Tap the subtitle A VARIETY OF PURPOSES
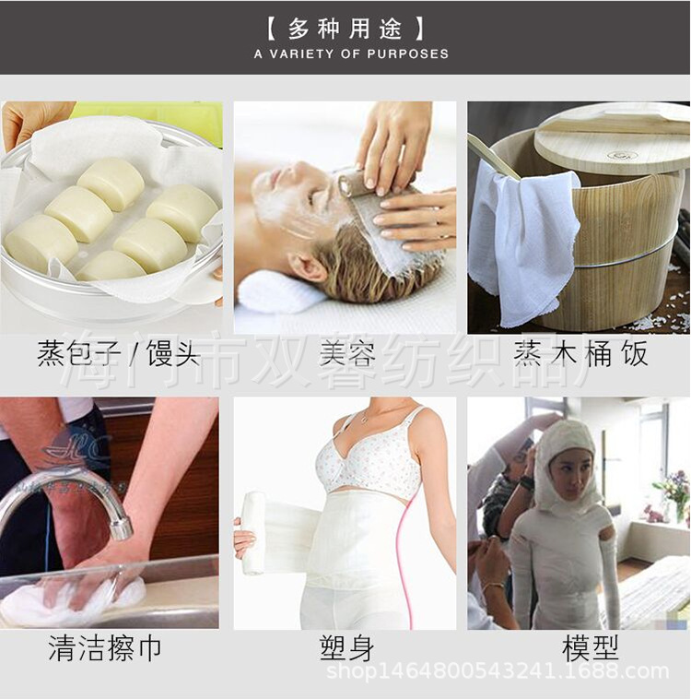[x=351, y=53]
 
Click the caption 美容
[x=347, y=353]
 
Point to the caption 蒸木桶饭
[x=580, y=353]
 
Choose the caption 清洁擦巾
[x=104, y=648]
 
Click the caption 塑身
[x=346, y=648]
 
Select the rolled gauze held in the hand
[x=253, y=532]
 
